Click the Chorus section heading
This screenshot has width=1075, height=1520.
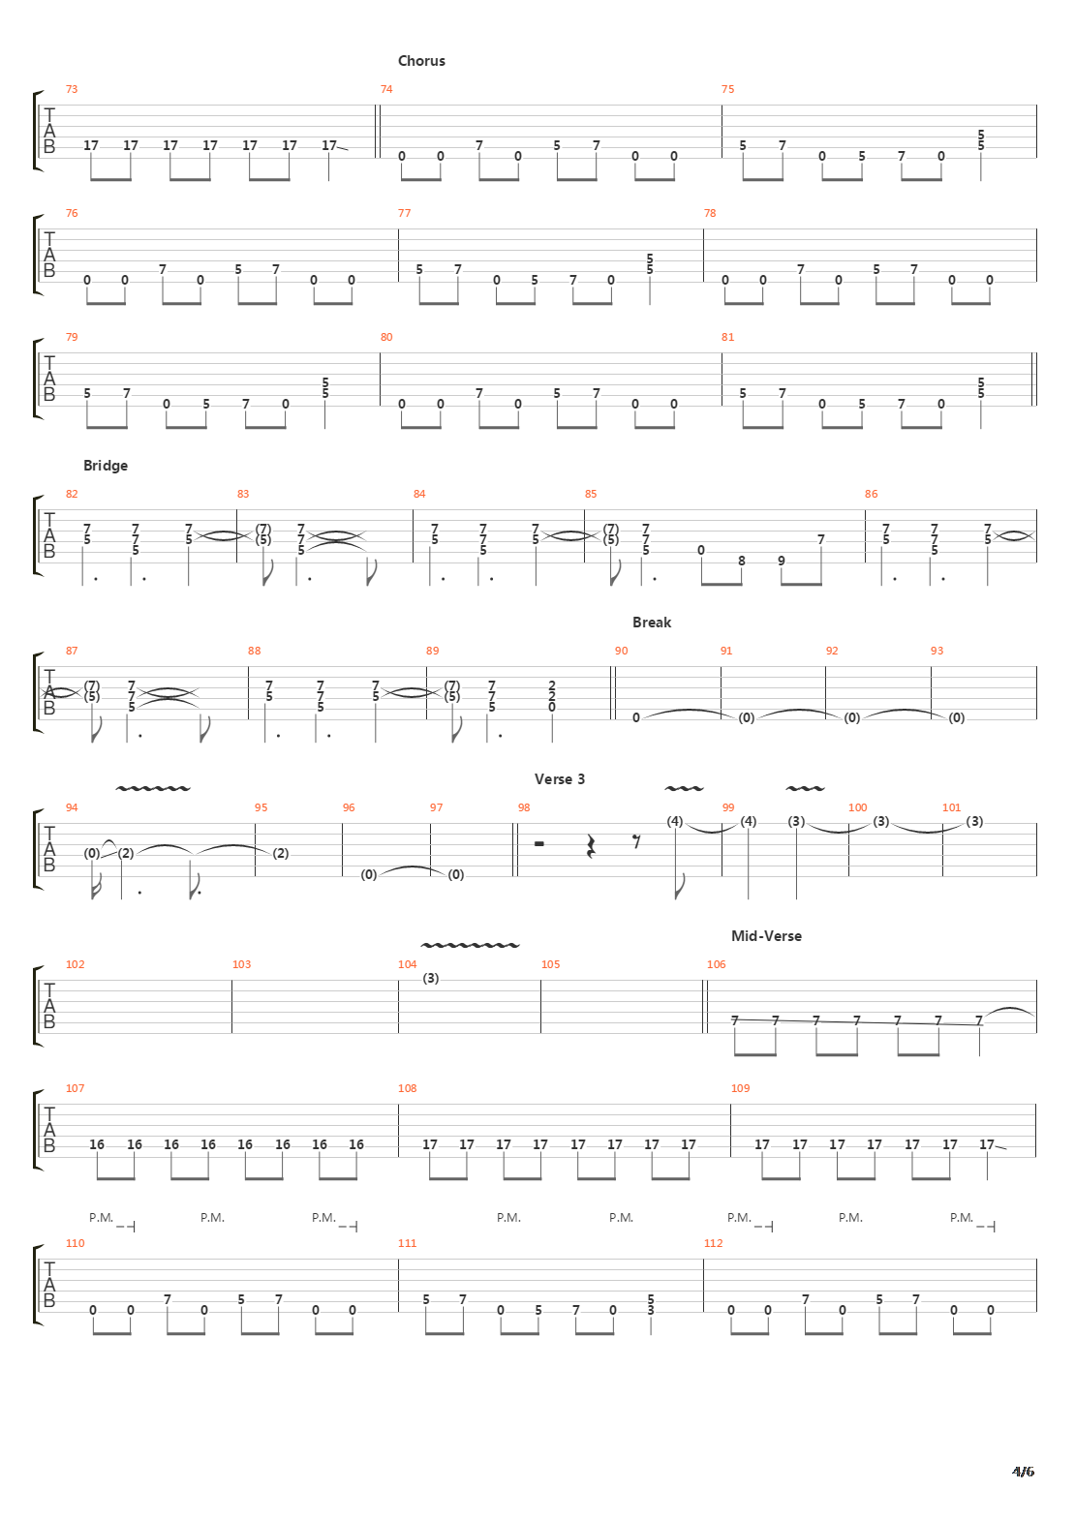point(421,61)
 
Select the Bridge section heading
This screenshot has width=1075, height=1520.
point(105,466)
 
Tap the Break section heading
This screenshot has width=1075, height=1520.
point(651,623)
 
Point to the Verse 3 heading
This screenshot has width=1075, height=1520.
point(559,779)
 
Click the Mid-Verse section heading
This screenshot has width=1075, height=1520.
point(766,936)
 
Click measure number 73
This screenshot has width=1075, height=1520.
point(72,89)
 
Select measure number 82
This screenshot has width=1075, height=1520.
point(72,494)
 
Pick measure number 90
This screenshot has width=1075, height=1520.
point(621,651)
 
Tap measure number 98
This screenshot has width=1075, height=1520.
point(524,807)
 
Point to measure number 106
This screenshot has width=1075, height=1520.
point(716,964)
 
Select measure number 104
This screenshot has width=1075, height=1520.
point(407,964)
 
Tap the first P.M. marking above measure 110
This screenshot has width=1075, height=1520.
point(101,1218)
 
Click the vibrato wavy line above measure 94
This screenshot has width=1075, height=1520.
point(153,789)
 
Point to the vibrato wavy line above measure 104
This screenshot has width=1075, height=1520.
point(471,945)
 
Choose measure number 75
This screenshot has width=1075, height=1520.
point(727,89)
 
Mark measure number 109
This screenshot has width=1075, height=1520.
point(740,1088)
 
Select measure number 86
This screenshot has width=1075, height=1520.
point(871,494)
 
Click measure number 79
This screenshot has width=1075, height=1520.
point(72,337)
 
